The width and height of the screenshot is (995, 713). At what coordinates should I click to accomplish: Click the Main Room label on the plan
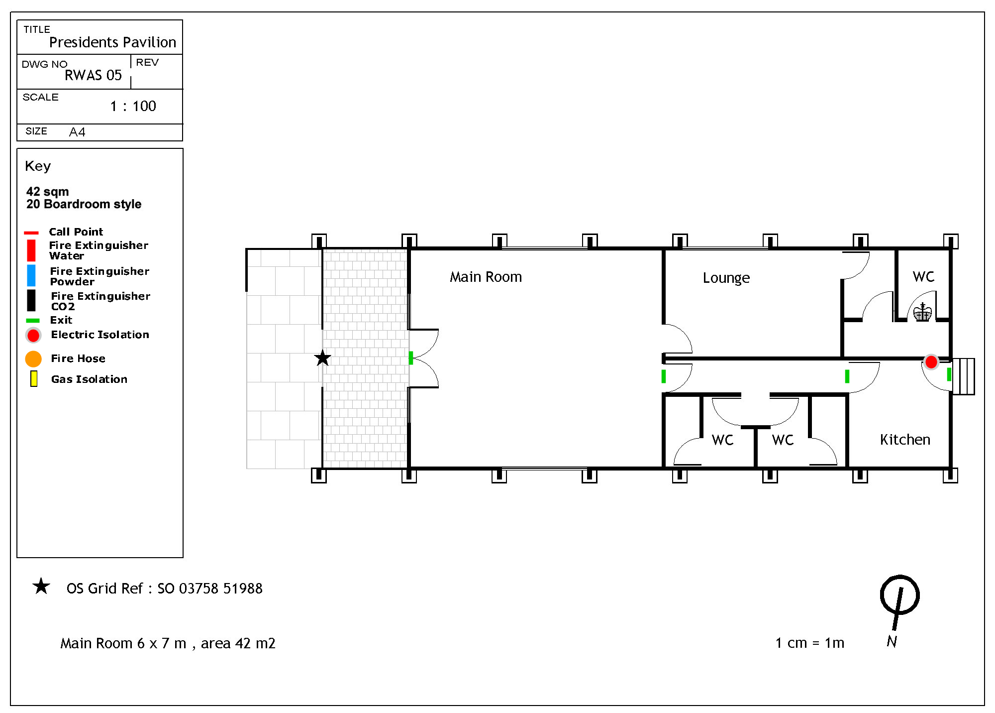[x=486, y=277]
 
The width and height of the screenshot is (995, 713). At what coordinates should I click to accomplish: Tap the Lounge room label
[x=726, y=278]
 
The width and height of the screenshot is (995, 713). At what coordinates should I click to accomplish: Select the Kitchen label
[x=905, y=439]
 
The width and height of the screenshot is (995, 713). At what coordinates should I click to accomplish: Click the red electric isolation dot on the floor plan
[x=931, y=362]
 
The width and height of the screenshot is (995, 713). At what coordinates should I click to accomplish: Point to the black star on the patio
[x=322, y=357]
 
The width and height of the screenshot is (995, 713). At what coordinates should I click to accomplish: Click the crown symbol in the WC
[x=922, y=312]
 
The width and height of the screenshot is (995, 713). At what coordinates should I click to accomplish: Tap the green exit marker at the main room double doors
[x=411, y=358]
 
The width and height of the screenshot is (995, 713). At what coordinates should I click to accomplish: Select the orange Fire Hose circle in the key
[x=33, y=358]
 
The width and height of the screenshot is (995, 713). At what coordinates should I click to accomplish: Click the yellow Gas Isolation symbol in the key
[x=34, y=379]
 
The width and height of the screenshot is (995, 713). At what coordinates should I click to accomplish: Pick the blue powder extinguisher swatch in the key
[x=31, y=276]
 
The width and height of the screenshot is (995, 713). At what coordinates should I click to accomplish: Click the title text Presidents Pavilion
[x=112, y=42]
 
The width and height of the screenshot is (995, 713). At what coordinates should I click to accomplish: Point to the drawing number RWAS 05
[x=93, y=75]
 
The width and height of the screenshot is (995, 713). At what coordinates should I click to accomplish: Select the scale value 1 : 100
[x=133, y=106]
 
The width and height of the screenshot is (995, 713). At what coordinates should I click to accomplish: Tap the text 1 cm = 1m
[x=809, y=643]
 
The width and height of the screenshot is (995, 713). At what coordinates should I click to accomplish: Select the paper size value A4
[x=77, y=132]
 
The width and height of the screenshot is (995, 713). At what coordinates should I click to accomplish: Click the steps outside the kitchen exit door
[x=964, y=376]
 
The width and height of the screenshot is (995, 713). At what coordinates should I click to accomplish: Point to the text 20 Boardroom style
[x=84, y=204]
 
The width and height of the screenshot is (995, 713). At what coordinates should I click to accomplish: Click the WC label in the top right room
[x=923, y=277]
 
